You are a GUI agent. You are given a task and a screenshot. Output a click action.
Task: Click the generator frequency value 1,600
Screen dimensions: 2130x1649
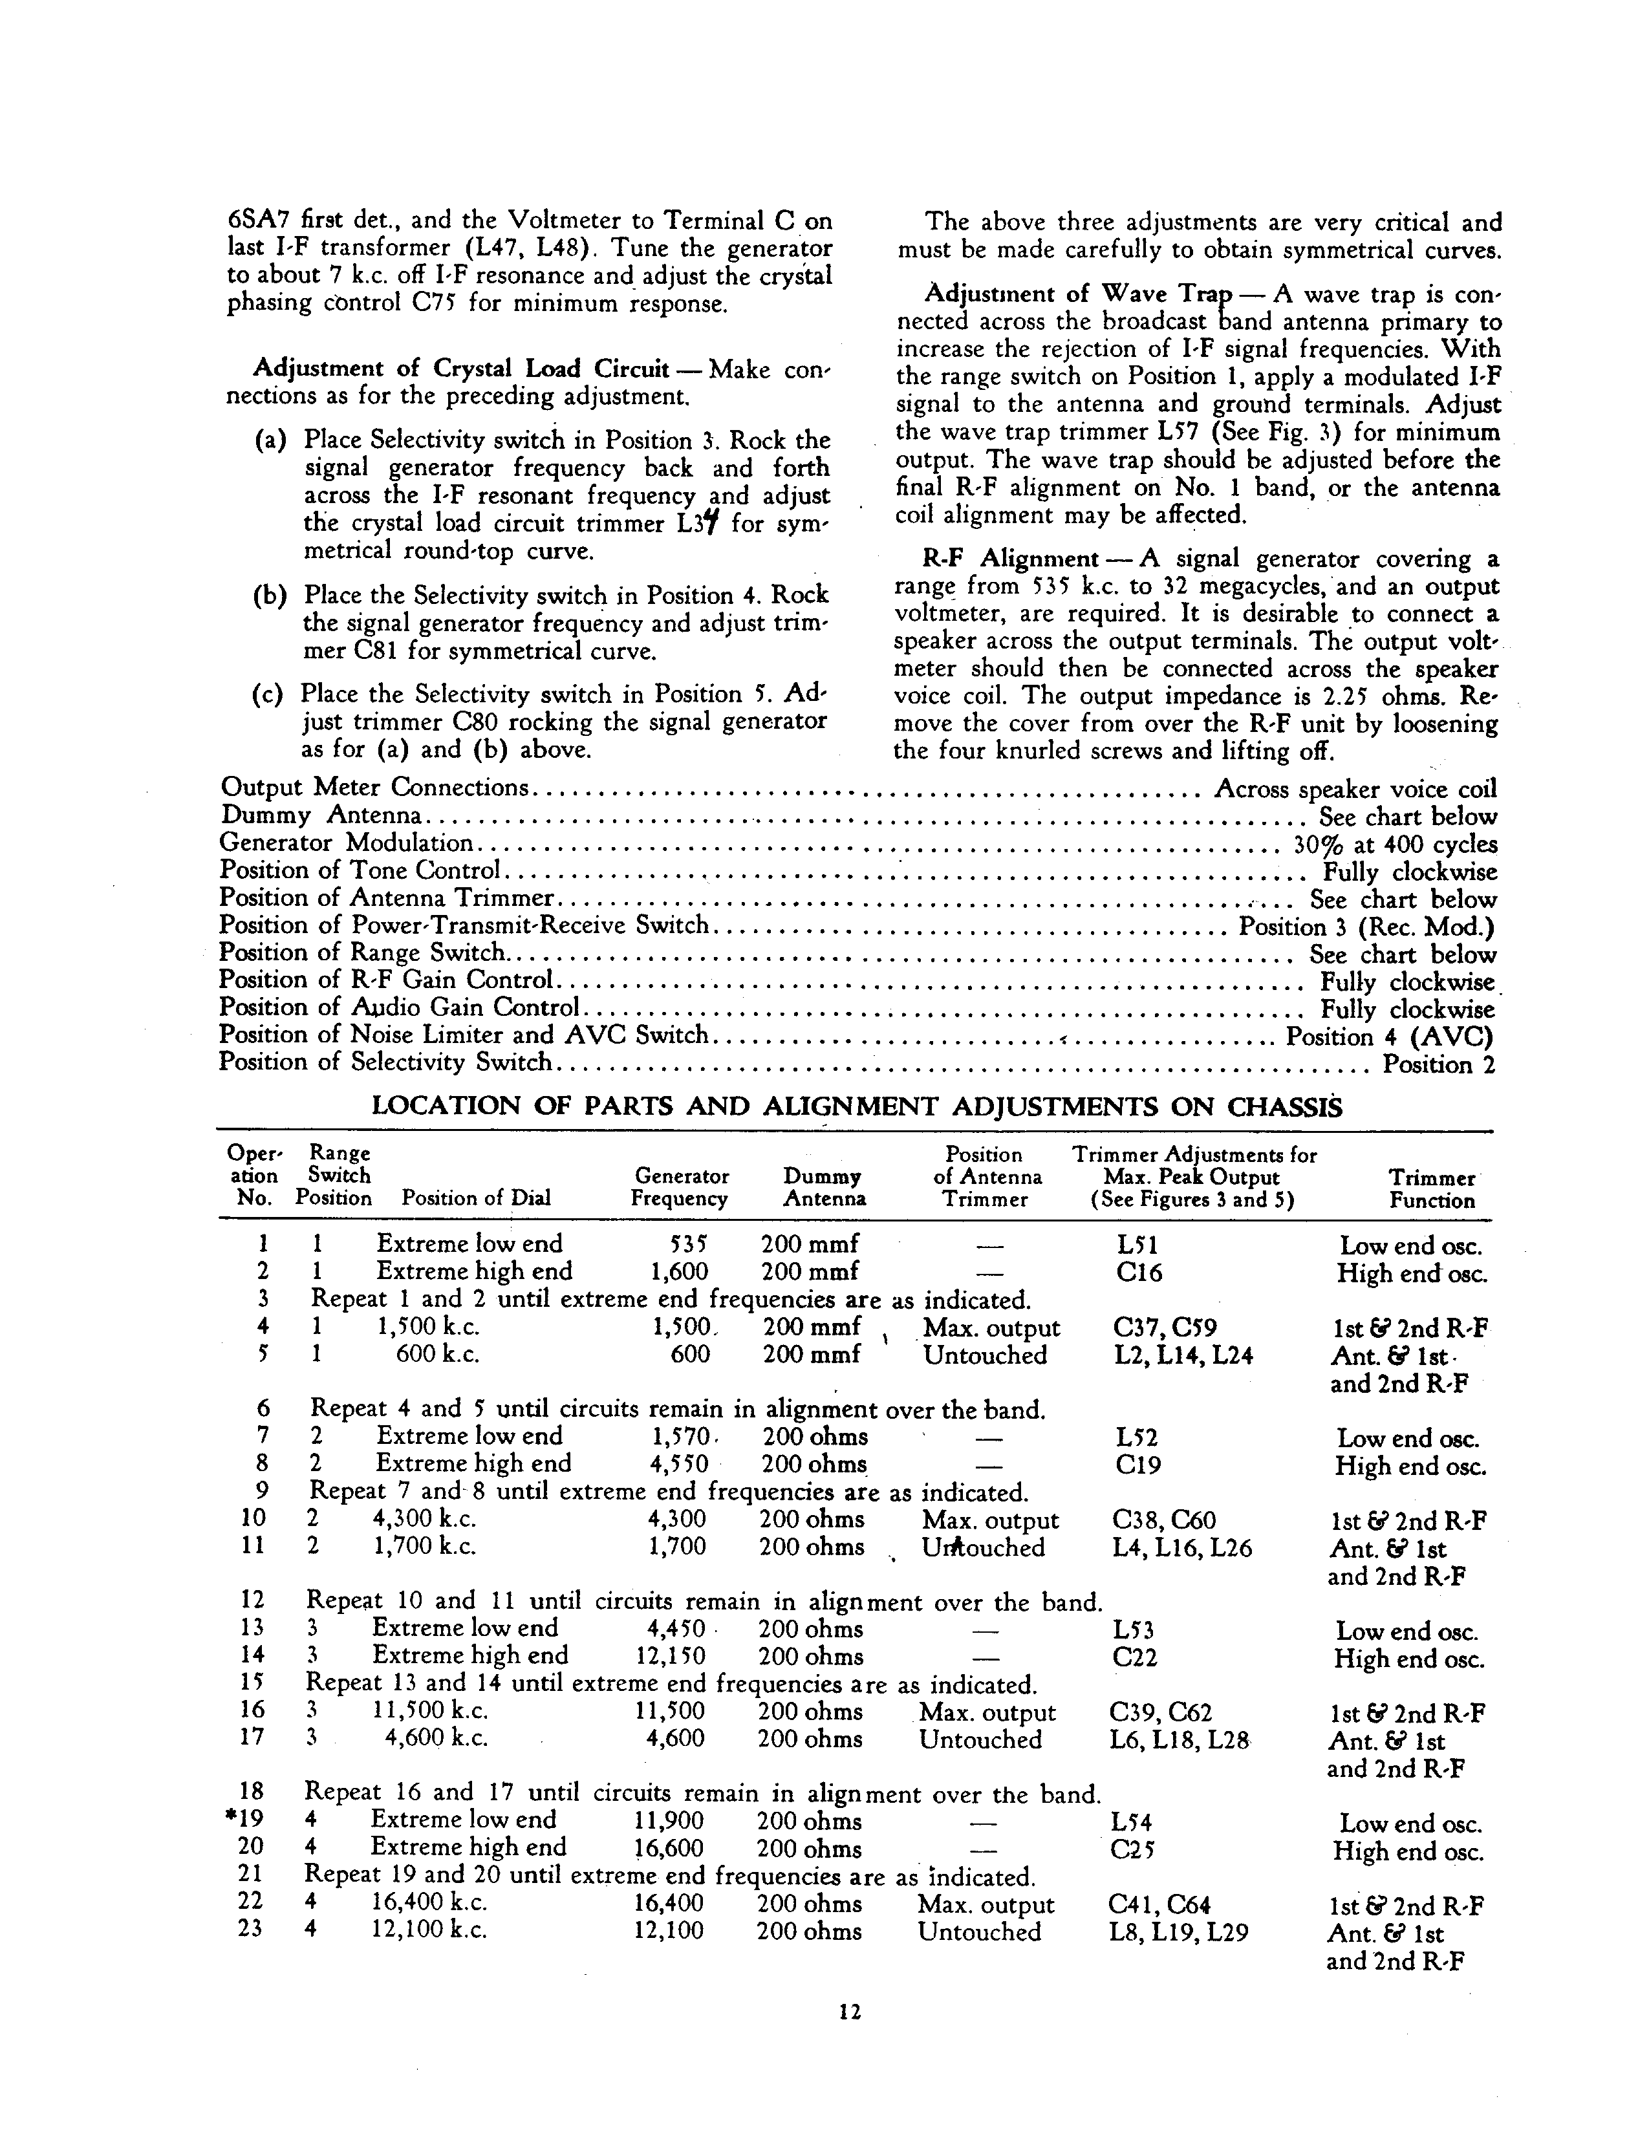[679, 1272]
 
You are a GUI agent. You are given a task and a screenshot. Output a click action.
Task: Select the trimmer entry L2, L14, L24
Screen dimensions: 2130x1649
[1183, 1355]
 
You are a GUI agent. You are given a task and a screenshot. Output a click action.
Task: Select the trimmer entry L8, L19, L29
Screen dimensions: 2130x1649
[1178, 1932]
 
